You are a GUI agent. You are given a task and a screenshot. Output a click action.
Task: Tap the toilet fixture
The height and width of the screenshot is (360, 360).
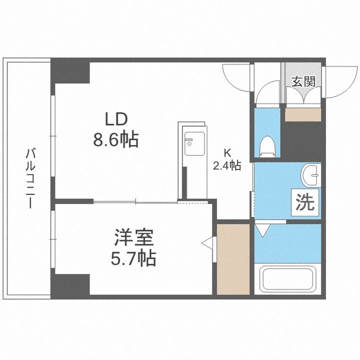coord(267,145)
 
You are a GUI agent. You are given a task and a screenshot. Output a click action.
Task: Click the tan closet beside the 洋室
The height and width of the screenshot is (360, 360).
coord(232,259)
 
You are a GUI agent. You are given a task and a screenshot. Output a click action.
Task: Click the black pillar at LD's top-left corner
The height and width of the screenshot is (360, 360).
coord(70,71)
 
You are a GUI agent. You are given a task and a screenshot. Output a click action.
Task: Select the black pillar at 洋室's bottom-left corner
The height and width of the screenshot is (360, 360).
coord(70,284)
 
